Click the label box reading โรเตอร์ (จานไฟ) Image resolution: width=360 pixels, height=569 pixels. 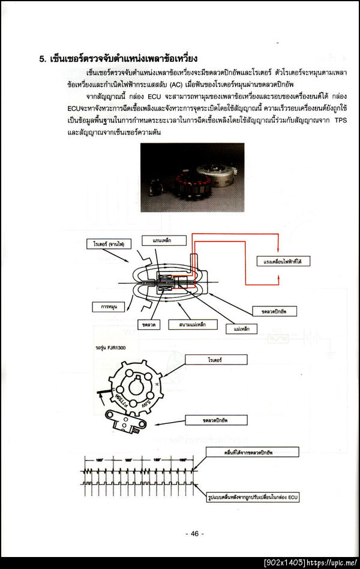pos(109,245)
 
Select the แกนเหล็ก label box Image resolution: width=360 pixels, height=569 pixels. pos(158,239)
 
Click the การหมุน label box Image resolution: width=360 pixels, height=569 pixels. pos(108,306)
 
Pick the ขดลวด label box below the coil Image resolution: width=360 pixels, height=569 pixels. pos(147,324)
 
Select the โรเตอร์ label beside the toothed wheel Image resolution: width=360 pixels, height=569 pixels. pos(216,360)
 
